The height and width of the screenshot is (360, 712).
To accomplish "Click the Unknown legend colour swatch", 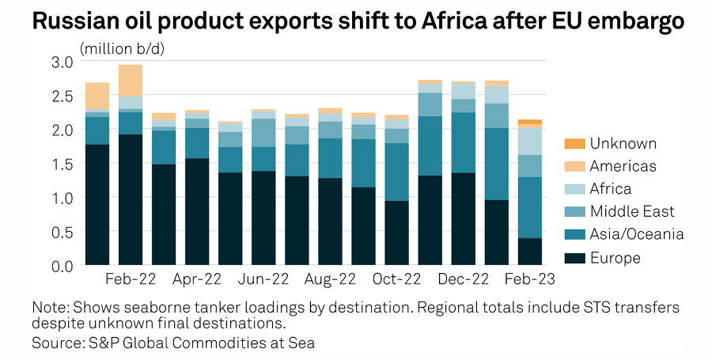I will pyautogui.click(x=574, y=144).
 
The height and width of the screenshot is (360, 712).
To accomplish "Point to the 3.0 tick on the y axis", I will pyautogui.click(x=63, y=61).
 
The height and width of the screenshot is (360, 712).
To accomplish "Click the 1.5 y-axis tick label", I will pyautogui.click(x=63, y=163).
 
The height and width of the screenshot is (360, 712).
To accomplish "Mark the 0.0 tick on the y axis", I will pyautogui.click(x=63, y=265).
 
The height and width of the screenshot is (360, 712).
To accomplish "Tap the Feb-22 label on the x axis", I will pyautogui.click(x=131, y=280).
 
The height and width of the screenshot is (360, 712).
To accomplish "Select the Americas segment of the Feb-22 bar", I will pyautogui.click(x=130, y=80).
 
